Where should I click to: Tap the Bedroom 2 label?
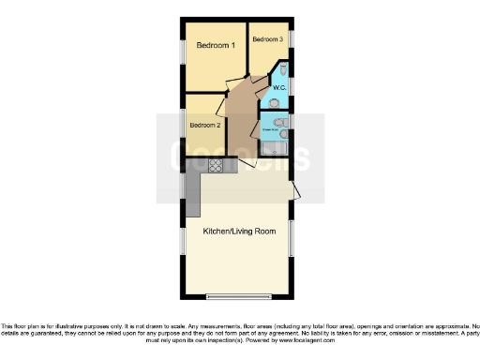coord(205,125)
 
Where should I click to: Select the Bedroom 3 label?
coord(267,39)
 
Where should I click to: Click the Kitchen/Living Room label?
coord(239,231)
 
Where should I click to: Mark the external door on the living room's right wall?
coord(295,192)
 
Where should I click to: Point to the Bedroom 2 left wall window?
coord(184,125)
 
